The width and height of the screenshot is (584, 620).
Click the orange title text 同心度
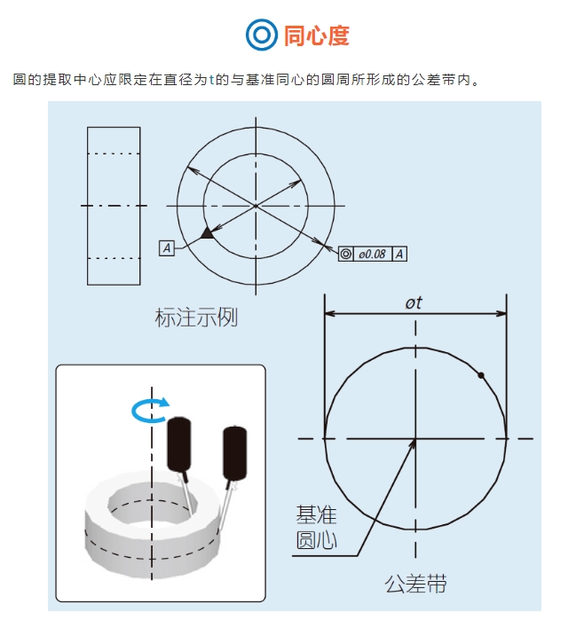317,35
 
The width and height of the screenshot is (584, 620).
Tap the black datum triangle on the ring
207,232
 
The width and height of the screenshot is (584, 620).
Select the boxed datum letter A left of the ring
166,248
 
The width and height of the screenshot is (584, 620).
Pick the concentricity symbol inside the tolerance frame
346,255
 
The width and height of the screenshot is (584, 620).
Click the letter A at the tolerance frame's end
399,255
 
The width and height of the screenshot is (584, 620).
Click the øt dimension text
414,302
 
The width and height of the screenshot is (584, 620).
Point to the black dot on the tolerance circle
481,376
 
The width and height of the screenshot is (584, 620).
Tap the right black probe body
235,453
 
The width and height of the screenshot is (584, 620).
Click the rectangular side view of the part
114,206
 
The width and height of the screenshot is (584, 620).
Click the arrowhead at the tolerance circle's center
412,442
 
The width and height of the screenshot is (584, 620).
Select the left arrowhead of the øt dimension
329,314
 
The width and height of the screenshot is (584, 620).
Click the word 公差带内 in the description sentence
441,81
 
